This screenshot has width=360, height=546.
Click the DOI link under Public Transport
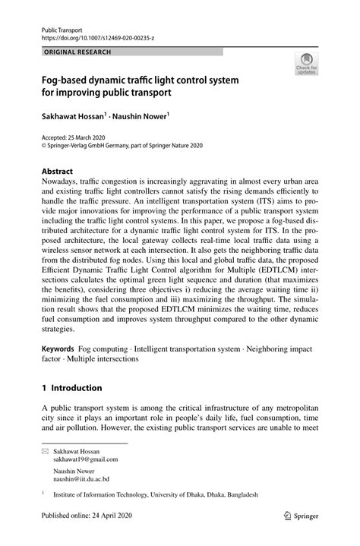[91, 36]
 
